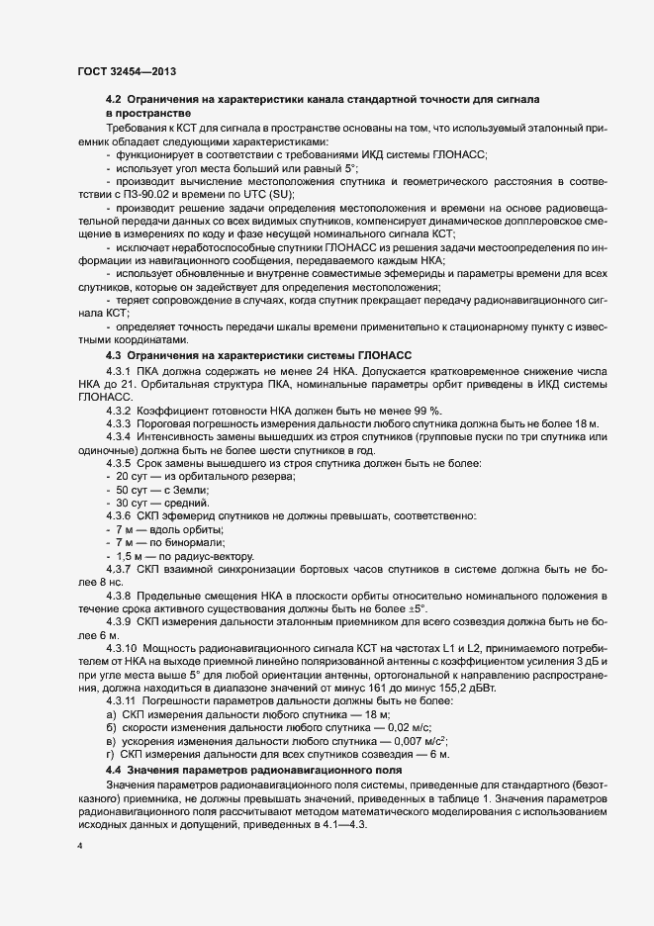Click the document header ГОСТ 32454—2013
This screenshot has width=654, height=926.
click(127, 72)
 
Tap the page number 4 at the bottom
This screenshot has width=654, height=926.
click(81, 847)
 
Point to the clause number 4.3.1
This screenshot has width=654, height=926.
click(120, 369)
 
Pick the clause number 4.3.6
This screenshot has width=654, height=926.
click(120, 516)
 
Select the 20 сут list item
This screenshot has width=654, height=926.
click(133, 477)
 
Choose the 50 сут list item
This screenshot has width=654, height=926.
click(133, 490)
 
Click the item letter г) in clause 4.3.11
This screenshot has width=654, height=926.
click(110, 753)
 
